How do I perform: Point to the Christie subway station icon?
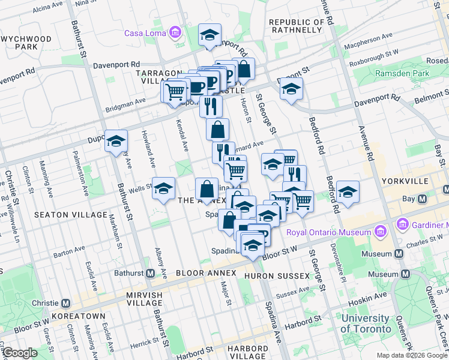(65, 303)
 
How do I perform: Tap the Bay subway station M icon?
(422, 199)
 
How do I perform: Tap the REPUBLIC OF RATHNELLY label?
(300, 26)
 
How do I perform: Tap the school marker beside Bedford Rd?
(348, 192)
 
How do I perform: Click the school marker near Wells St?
(163, 189)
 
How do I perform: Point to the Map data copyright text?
(411, 355)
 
